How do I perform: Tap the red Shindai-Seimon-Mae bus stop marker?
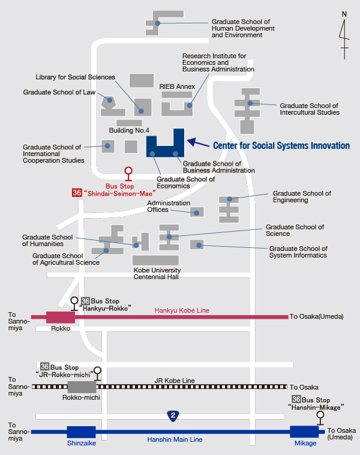tap(128, 174)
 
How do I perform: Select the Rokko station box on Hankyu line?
tap(61, 317)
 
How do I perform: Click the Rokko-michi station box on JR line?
tap(82, 387)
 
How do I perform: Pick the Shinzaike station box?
tap(81, 432)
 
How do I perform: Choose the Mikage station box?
tap(304, 432)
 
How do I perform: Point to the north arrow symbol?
tap(344, 35)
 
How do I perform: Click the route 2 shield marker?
tap(173, 416)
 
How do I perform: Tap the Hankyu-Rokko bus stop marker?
tap(74, 304)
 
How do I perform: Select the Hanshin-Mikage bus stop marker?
tap(320, 418)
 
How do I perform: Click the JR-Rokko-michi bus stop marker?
tap(97, 374)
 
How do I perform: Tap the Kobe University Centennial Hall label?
tap(157, 273)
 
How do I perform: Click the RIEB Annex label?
tap(177, 86)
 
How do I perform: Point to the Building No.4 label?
tap(129, 130)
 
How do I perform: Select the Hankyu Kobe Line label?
tap(182, 310)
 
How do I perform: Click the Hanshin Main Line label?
tap(175, 439)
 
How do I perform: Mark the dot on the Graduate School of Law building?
tap(110, 100)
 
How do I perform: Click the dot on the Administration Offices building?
tap(196, 213)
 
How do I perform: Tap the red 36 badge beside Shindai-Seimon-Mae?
tap(77, 193)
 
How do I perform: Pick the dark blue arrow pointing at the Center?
tap(198, 142)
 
